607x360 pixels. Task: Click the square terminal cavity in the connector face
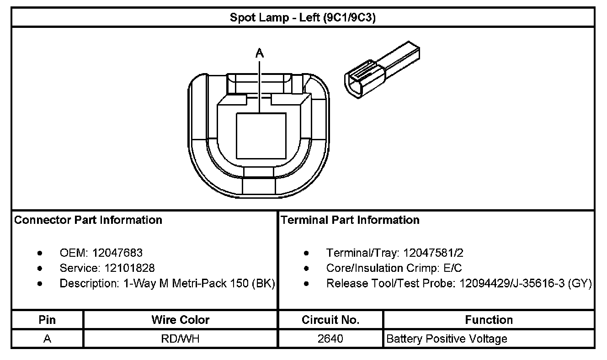click(x=261, y=137)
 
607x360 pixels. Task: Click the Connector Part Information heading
click(x=88, y=220)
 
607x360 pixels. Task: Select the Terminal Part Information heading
click(x=350, y=220)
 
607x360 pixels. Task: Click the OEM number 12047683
click(x=117, y=253)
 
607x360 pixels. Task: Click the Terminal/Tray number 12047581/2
click(x=434, y=253)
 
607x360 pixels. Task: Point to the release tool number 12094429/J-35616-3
click(x=512, y=283)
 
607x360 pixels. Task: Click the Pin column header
click(x=48, y=320)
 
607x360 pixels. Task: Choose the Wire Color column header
click(x=181, y=320)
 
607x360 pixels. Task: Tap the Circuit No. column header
click(x=330, y=320)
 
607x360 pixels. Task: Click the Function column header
click(x=489, y=320)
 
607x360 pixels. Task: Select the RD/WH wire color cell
click(x=181, y=339)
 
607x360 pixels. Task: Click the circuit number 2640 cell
click(x=330, y=339)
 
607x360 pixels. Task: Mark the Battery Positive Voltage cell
click(x=447, y=339)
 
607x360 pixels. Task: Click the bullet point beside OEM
click(x=41, y=253)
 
